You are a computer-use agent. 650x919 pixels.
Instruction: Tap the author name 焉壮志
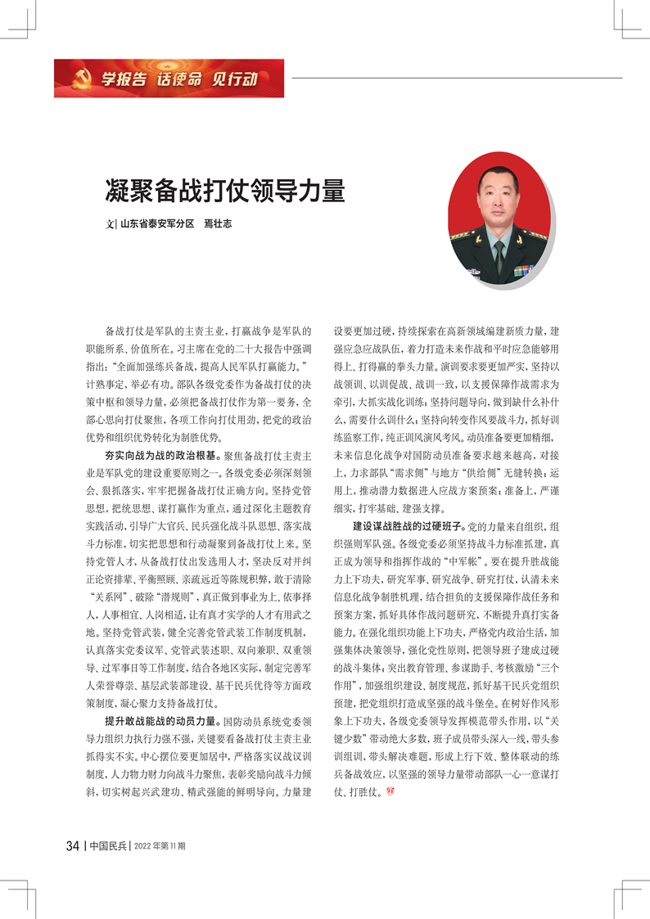217,223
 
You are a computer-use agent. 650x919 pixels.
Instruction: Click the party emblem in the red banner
80,79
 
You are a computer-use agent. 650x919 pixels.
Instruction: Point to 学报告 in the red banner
124,79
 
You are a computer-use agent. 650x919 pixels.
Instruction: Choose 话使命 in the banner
179,79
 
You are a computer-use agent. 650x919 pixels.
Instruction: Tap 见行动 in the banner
235,79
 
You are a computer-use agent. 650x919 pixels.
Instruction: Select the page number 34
72,845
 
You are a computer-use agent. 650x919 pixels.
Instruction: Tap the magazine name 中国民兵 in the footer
108,845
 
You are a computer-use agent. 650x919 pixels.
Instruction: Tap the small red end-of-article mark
389,791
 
